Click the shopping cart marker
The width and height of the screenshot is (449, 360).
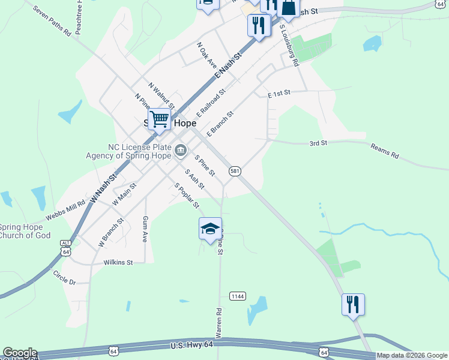pos(159,119)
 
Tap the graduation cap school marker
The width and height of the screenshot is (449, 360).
pos(210,229)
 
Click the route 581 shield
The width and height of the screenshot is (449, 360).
pos(235,172)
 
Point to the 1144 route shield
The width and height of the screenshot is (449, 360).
pos(238,296)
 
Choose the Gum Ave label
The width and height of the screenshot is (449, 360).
pos(145,229)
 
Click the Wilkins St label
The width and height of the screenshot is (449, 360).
pos(118,262)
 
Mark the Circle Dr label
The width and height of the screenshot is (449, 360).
pos(64,278)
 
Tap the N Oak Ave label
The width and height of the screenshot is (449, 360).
pos(206,54)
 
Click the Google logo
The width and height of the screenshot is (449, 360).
pos(20,353)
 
